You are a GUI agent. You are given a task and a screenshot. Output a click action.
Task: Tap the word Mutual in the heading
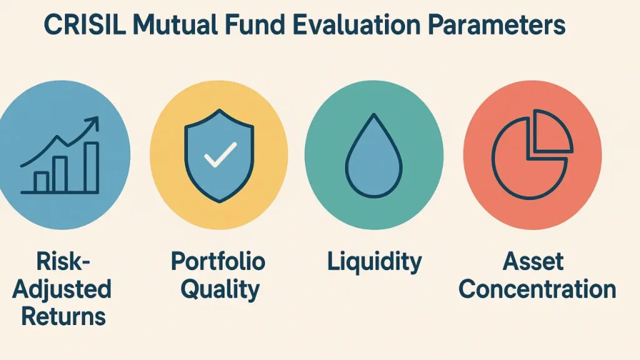pos(175,25)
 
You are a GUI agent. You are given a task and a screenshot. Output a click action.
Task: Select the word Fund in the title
pos(255,25)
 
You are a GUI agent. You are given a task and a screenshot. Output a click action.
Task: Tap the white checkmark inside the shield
pos(221,154)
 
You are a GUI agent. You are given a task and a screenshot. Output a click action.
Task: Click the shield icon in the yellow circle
pos(219,156)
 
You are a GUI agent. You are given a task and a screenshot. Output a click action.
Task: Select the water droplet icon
pos(374,156)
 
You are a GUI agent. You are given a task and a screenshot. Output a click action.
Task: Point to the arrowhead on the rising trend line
pos(92,122)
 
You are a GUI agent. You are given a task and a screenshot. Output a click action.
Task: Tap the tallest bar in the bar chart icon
pos(92,167)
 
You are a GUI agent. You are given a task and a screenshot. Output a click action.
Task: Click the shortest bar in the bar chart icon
pos(41,182)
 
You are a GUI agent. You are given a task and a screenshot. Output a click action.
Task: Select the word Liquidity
pos(374,262)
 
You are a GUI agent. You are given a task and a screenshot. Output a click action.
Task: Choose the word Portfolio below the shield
pos(218,261)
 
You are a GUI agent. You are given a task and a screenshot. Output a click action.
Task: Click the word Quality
pos(220,289)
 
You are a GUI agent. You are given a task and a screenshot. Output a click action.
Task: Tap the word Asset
pos(533,261)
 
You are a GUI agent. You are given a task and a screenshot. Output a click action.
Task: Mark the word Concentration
pos(537,289)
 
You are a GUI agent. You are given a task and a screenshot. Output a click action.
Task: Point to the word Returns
pos(63,317)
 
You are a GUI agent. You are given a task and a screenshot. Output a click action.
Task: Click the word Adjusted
pos(62,289)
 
